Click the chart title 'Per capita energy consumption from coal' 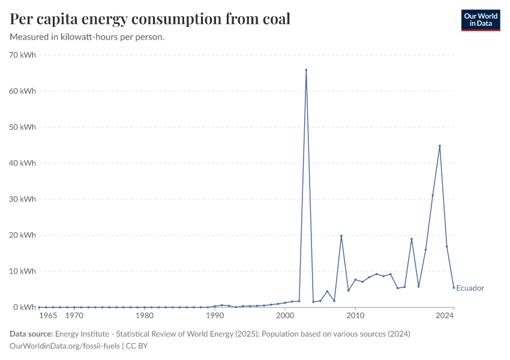pyautogui.click(x=150, y=19)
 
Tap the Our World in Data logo pyautogui.click(x=481, y=20)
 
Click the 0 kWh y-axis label pyautogui.click(x=25, y=307)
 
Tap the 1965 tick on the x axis pyautogui.click(x=48, y=316)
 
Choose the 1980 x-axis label pyautogui.click(x=144, y=316)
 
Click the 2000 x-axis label pyautogui.click(x=285, y=316)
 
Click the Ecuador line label pyautogui.click(x=470, y=288)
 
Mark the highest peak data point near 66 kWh pyautogui.click(x=306, y=70)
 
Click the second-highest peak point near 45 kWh pyautogui.click(x=440, y=146)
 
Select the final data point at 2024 pyautogui.click(x=454, y=287)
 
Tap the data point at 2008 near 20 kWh pyautogui.click(x=341, y=236)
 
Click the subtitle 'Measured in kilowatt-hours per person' pyautogui.click(x=88, y=37)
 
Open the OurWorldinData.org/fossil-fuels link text pyautogui.click(x=65, y=346)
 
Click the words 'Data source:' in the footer pyautogui.click(x=31, y=334)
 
